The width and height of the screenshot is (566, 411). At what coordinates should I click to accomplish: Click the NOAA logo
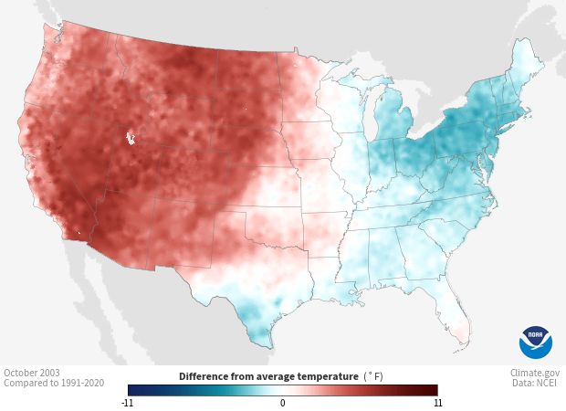(x=535, y=342)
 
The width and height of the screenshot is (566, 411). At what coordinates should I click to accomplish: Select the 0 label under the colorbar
(x=282, y=402)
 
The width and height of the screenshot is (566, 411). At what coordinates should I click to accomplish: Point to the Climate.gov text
(x=535, y=373)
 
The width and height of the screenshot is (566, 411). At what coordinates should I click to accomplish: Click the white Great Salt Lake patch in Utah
(x=131, y=139)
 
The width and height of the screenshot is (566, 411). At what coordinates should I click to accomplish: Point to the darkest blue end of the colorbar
(x=131, y=390)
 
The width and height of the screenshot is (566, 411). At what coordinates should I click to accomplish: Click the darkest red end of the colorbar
(x=435, y=390)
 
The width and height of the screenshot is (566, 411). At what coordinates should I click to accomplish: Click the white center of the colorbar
(x=283, y=390)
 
